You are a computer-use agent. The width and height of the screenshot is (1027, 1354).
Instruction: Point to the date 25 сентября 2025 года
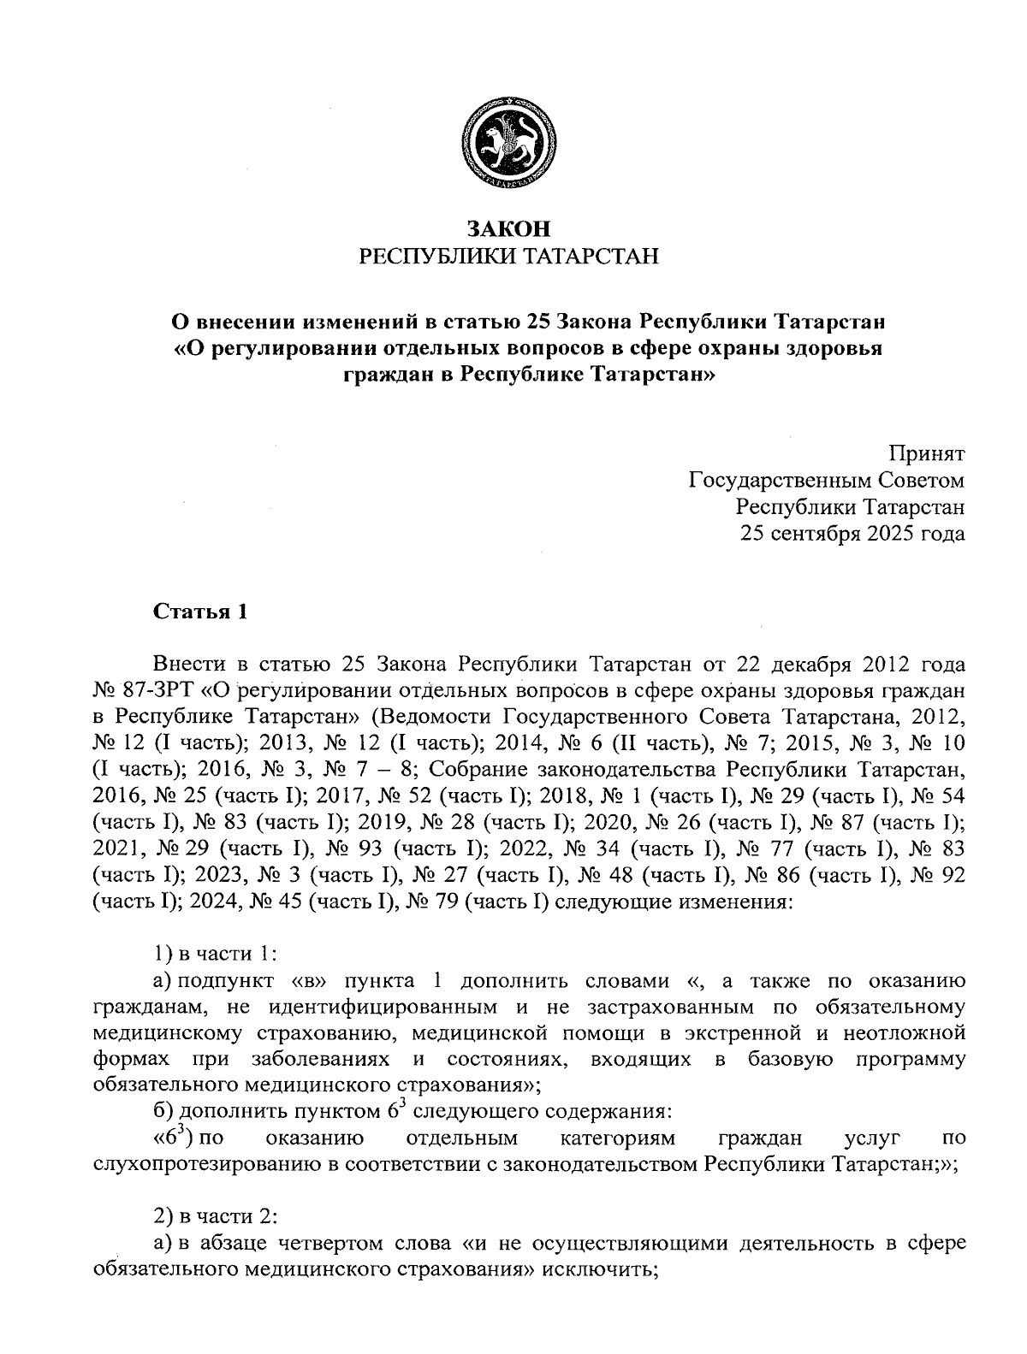pyautogui.click(x=852, y=534)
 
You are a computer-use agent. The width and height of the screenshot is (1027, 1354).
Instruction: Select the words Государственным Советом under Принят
pyautogui.click(x=828, y=480)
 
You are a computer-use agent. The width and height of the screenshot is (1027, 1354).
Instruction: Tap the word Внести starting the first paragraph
pyautogui.click(x=190, y=664)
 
